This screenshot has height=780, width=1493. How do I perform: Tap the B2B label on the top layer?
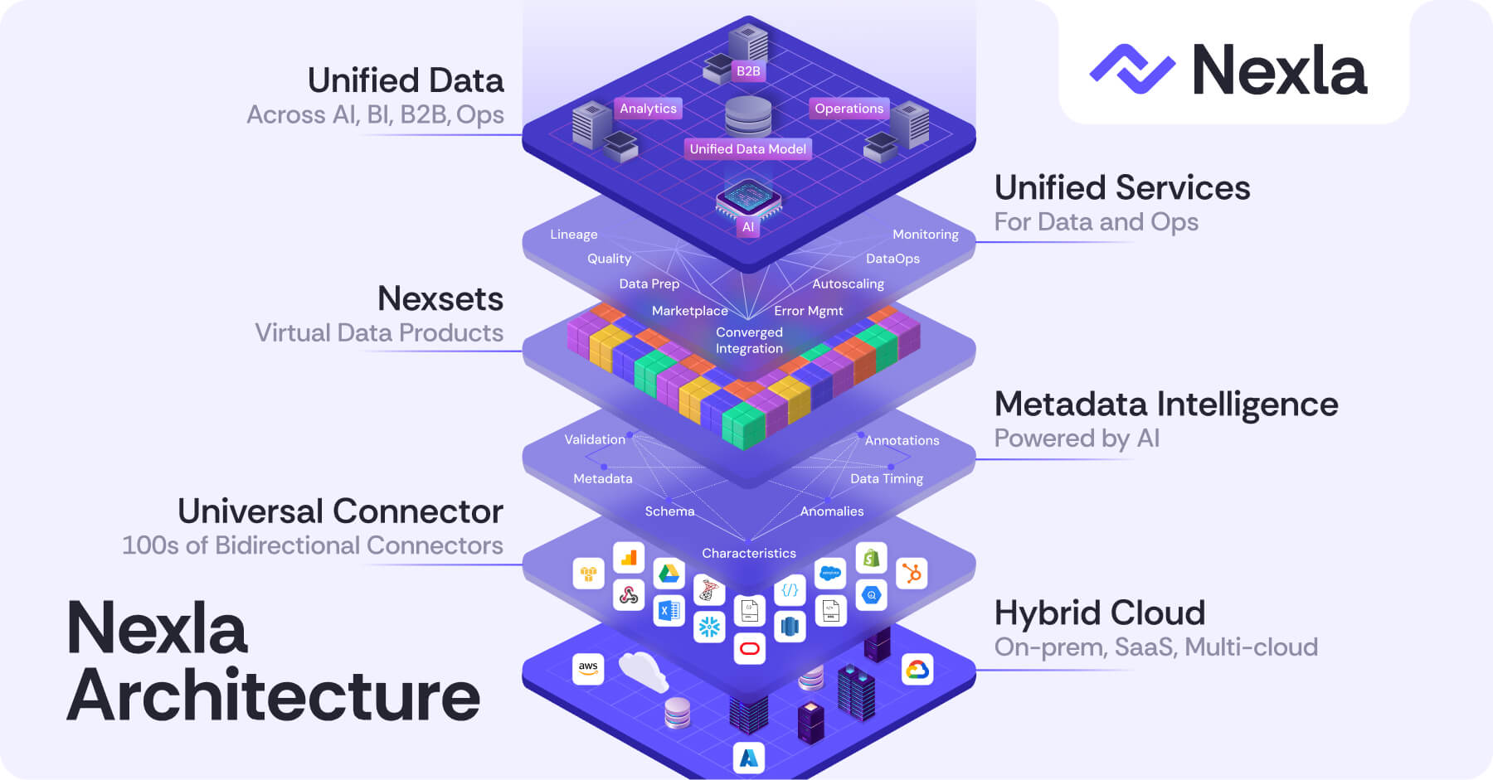click(x=748, y=71)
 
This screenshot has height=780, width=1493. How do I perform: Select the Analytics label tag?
click(x=648, y=109)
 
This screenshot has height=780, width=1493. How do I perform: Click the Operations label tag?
click(x=849, y=109)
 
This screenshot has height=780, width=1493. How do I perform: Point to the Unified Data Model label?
click(x=747, y=149)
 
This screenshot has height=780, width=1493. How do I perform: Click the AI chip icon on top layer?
click(x=748, y=199)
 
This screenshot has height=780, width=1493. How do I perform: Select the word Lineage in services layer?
click(x=573, y=235)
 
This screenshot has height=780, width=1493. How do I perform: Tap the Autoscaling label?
click(x=848, y=283)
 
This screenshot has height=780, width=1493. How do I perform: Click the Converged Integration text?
click(x=749, y=340)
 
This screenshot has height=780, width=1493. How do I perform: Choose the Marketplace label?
click(x=689, y=311)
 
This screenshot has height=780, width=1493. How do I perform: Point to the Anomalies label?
click(x=831, y=511)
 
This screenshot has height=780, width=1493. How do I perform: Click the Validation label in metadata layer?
click(x=595, y=439)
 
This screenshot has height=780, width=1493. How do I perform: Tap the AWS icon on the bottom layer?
click(x=588, y=668)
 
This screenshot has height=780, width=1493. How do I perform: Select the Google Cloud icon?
click(x=917, y=669)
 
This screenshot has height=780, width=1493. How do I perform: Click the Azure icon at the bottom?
click(x=749, y=758)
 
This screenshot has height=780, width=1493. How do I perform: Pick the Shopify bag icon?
click(x=871, y=559)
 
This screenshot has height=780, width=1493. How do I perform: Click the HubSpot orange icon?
click(x=912, y=573)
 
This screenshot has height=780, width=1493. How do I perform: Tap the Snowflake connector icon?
click(x=709, y=627)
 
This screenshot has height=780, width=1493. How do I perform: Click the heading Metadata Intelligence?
click(x=1165, y=405)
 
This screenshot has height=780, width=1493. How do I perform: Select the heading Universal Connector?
click(x=340, y=511)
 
